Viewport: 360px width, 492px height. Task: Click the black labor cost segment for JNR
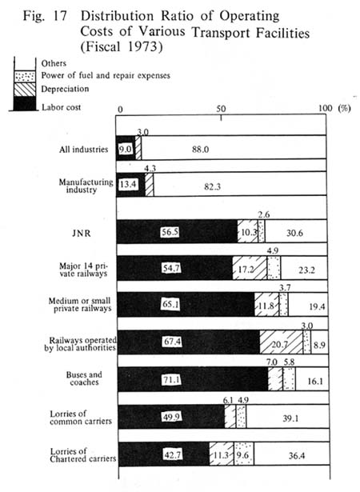pos(177,231)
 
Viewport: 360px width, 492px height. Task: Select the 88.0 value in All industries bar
pos(201,150)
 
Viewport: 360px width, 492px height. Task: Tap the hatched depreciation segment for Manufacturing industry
pos(150,184)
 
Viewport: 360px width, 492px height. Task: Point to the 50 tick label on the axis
pos(221,109)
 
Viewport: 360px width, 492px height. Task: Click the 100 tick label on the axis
pos(325,108)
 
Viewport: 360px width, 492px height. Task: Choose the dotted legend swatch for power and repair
pos(25,76)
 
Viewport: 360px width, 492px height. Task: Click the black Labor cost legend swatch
pos(25,103)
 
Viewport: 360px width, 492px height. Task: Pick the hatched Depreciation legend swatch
pos(25,89)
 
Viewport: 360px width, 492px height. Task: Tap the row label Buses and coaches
pos(84,378)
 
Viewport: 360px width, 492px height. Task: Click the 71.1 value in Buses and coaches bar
pos(171,380)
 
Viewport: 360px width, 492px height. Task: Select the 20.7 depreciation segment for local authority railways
pos(282,342)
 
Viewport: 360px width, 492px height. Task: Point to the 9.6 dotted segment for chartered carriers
pos(244,454)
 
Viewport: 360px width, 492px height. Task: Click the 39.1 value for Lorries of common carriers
pos(290,418)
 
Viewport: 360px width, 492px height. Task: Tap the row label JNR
pos(81,234)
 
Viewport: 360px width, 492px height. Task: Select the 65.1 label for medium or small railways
pos(170,304)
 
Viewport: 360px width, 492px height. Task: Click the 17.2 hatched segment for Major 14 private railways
pos(250,268)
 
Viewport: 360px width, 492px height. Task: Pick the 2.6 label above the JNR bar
pos(264,215)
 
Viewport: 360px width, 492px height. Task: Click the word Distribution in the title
pos(118,16)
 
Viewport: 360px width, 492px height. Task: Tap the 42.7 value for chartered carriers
pos(172,454)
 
